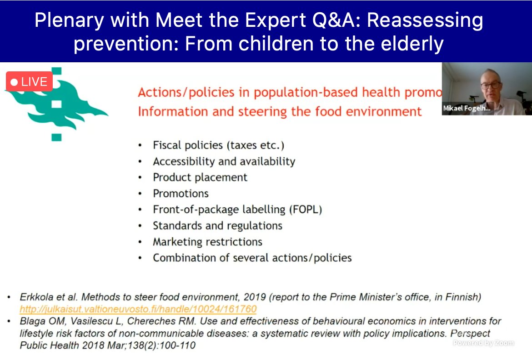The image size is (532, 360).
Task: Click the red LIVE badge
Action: point(29,82)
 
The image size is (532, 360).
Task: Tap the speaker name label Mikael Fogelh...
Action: point(467,108)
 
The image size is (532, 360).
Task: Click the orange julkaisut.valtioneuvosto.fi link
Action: point(138,309)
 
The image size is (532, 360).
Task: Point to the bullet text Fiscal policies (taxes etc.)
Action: point(218,145)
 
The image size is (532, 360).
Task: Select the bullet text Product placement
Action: point(200,177)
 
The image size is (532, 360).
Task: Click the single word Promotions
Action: point(181,193)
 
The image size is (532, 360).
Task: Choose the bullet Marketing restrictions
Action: point(207,242)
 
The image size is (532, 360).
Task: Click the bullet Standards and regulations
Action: point(217,225)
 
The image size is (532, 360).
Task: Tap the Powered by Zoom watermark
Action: point(483,343)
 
